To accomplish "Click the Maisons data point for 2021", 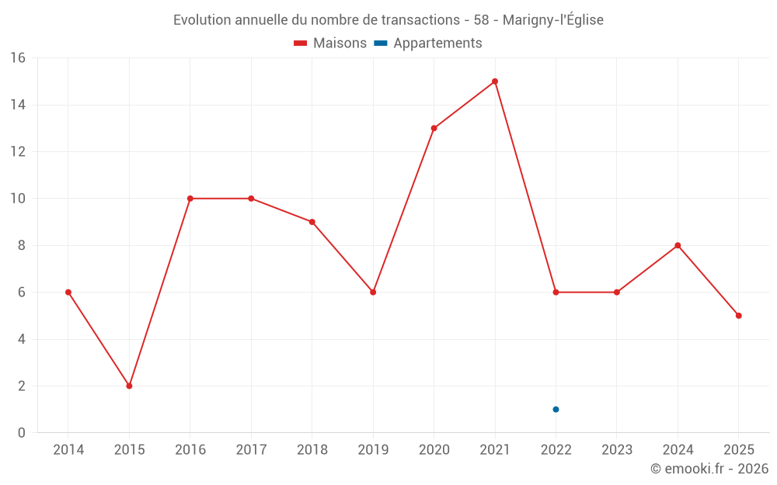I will point(495,81).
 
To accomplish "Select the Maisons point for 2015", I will point(129,386).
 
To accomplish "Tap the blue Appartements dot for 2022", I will point(556,409).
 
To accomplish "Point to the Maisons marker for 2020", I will point(434,128).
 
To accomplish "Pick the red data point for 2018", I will point(312,222).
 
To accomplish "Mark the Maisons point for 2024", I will point(678,245).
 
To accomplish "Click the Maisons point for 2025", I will point(738,316).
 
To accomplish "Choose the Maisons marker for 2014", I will point(68,293).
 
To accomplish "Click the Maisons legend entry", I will point(330,43).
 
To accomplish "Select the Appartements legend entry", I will point(429,43).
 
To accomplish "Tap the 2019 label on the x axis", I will point(373,450).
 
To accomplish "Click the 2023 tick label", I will point(617,450).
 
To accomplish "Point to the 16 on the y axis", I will point(18,58).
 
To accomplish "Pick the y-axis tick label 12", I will point(18,152).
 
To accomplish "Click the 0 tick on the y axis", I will point(22,433).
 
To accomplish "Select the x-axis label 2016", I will point(190,450).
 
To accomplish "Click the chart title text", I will point(388,20).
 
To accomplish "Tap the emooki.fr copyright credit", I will point(709,469).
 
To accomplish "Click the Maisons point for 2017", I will point(251,199).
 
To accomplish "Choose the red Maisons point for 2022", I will point(556,293).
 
